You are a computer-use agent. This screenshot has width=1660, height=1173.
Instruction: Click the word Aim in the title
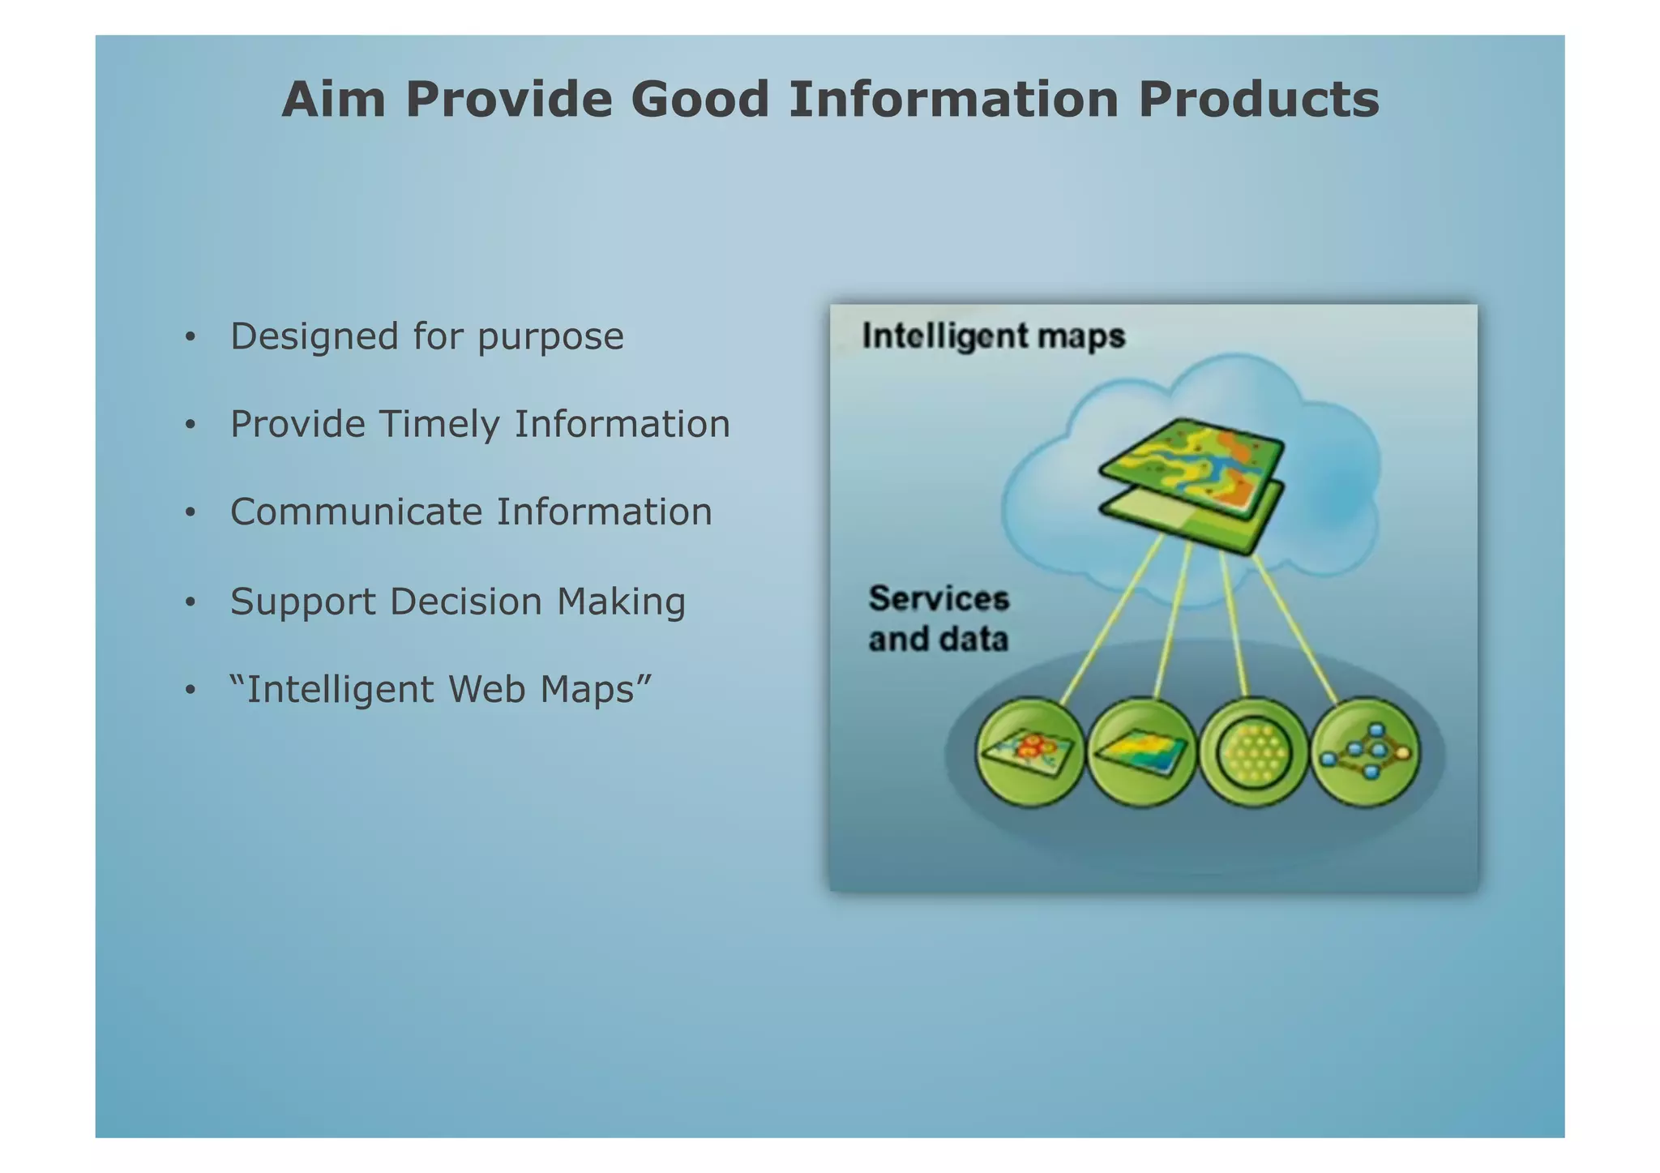coord(333,100)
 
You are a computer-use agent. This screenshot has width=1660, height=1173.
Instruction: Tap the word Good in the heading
coord(699,100)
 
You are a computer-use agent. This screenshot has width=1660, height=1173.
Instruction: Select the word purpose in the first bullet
coord(550,337)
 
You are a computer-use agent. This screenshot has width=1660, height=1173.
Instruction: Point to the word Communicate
coord(357,512)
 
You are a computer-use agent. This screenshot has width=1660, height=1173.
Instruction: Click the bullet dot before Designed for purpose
coord(190,337)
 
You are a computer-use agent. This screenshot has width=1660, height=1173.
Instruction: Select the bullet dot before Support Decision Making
coord(190,602)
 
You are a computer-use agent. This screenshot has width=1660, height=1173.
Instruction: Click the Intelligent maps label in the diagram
coord(993,336)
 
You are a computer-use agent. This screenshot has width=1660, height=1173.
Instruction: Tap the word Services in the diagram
coord(939,599)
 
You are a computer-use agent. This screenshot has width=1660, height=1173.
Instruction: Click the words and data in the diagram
coord(939,639)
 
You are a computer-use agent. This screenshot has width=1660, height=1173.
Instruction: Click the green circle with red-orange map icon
coord(1029,751)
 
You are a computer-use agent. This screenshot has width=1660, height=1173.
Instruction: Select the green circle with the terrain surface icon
coord(1141,751)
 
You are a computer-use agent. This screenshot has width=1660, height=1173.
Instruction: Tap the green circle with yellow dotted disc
coord(1253,751)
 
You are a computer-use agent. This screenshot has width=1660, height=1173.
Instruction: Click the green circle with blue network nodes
coord(1366,751)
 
